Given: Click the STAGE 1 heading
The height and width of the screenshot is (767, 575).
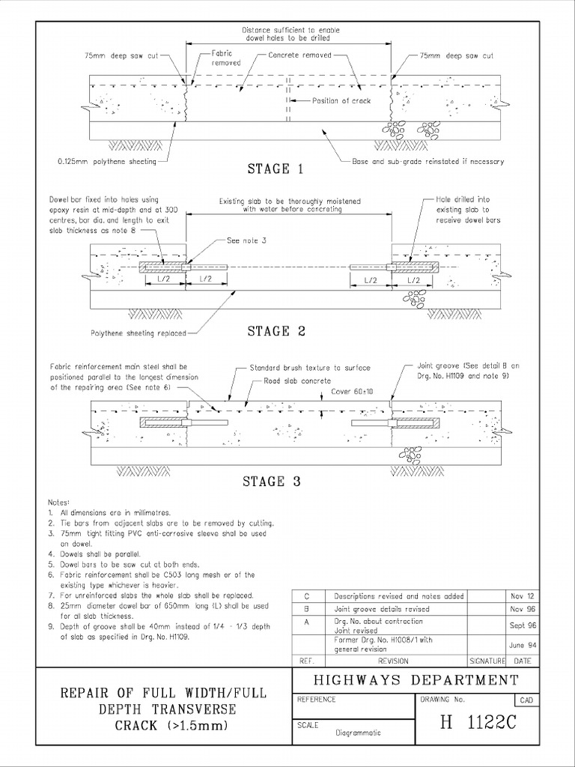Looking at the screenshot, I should (275, 169).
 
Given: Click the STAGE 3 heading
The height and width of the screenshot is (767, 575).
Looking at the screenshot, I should (271, 482).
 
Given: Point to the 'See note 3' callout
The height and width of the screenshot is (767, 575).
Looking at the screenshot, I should (245, 241).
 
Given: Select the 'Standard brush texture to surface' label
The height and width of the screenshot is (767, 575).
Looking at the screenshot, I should (310, 368).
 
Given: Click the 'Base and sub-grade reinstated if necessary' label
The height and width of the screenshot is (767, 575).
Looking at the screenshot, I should (428, 161).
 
